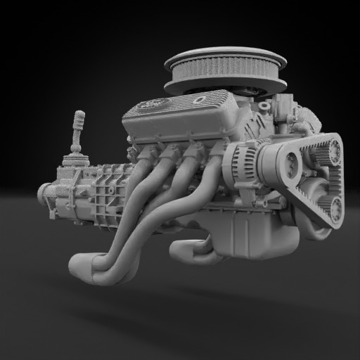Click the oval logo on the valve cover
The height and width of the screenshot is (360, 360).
(x=150, y=105)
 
